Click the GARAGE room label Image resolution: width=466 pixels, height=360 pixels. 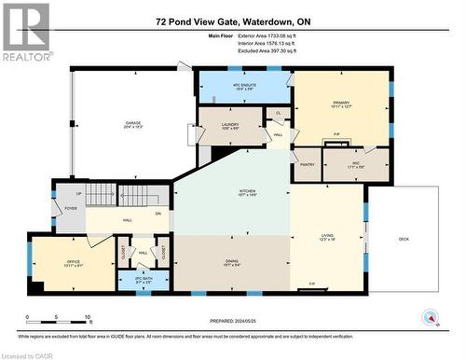pos(133,124)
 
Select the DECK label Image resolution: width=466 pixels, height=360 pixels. pos(404,240)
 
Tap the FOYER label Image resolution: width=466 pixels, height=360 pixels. pos(70,208)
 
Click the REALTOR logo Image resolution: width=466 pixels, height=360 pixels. pos(25,32)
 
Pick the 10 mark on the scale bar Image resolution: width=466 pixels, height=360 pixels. pos(88,319)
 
